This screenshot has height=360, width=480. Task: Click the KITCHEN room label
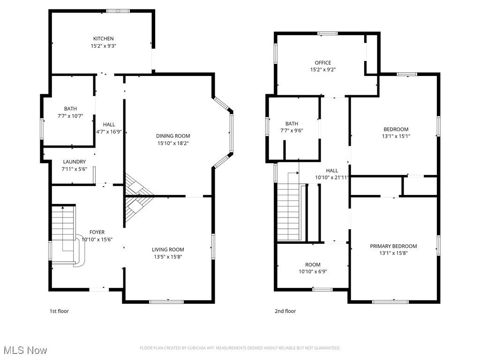point(103,38)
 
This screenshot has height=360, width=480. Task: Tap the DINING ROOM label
point(173,136)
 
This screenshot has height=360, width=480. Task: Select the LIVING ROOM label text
point(168,249)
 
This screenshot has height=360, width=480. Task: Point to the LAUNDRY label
point(75,162)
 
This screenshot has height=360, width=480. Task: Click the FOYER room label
point(97,232)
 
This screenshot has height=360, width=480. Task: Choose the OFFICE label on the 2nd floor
point(322,62)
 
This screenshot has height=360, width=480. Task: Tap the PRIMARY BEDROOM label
point(393,246)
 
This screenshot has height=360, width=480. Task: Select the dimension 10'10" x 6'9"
point(313,272)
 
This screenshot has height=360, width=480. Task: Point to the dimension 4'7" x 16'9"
point(109,132)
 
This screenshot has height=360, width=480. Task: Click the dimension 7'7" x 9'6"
point(292,131)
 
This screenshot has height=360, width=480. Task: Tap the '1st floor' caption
point(59,311)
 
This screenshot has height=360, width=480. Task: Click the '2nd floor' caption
point(285,311)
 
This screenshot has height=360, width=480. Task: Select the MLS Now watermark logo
point(25,350)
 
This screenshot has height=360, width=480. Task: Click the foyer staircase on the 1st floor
point(64,230)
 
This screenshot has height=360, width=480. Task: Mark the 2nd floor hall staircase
point(288,211)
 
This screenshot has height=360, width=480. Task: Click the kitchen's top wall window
point(118,11)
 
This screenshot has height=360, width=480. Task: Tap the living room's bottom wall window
point(166,301)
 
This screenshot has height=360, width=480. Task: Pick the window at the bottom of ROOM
point(322,289)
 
